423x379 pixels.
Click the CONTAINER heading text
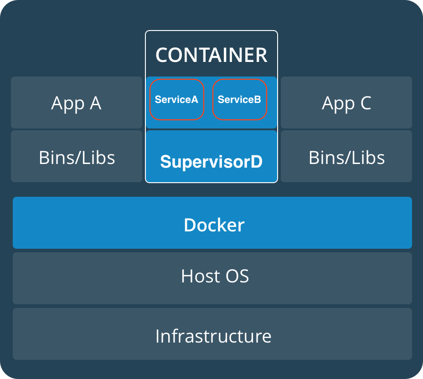coord(211,55)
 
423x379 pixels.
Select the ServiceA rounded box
coord(176,100)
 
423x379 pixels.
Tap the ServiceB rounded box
coord(239,100)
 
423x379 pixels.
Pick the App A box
coord(77,102)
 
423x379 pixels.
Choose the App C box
coord(346,102)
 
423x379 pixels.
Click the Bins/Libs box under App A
coord(77,157)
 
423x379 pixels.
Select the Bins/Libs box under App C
coord(346,157)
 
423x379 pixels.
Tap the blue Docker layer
coord(212,223)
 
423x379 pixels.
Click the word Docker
coord(214,225)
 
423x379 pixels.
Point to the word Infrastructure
coord(213,336)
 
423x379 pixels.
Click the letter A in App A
coord(95,103)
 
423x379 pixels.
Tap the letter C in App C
coord(366,103)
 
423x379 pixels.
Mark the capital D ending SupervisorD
coord(257,162)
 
